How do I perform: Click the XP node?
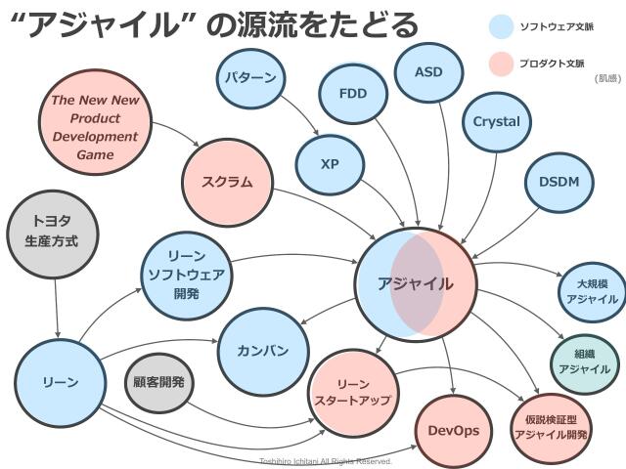pyautogui.click(x=329, y=162)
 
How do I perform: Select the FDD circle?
pyautogui.click(x=352, y=94)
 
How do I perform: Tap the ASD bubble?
pyautogui.click(x=428, y=73)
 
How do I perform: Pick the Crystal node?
pyautogui.click(x=496, y=123)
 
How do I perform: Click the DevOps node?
pyautogui.click(x=453, y=430)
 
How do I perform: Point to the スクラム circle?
pyautogui.click(x=227, y=182)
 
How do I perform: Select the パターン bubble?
pyautogui.click(x=249, y=78)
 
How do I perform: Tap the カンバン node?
pyautogui.click(x=262, y=350)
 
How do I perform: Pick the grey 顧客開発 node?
pyautogui.click(x=158, y=381)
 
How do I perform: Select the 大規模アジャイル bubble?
pyautogui.click(x=591, y=291)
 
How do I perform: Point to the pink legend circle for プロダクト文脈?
pyautogui.click(x=501, y=65)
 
